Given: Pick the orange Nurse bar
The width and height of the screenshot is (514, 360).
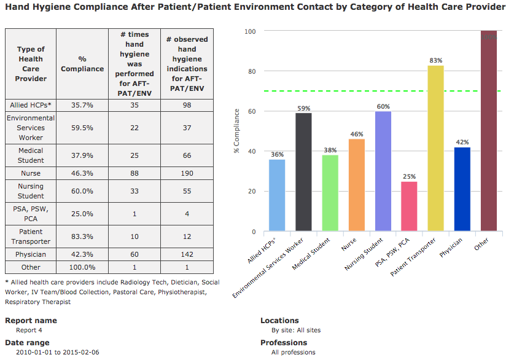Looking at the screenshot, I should click(357, 185).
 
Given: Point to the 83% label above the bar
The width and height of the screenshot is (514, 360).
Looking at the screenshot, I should click(436, 60).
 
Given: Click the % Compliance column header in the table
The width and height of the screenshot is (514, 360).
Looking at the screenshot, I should click(82, 64).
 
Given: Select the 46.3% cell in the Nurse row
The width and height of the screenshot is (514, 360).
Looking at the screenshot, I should click(82, 174).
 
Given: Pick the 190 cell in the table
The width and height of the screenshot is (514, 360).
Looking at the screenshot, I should click(187, 174).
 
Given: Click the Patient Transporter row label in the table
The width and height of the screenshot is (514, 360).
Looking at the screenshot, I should click(31, 237).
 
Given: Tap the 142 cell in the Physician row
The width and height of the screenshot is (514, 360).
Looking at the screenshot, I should click(187, 254).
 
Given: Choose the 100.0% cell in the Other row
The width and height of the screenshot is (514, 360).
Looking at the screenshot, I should click(82, 267).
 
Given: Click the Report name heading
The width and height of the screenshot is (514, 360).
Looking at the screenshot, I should click(31, 321).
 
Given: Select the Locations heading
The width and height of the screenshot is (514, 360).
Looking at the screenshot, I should click(279, 321).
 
